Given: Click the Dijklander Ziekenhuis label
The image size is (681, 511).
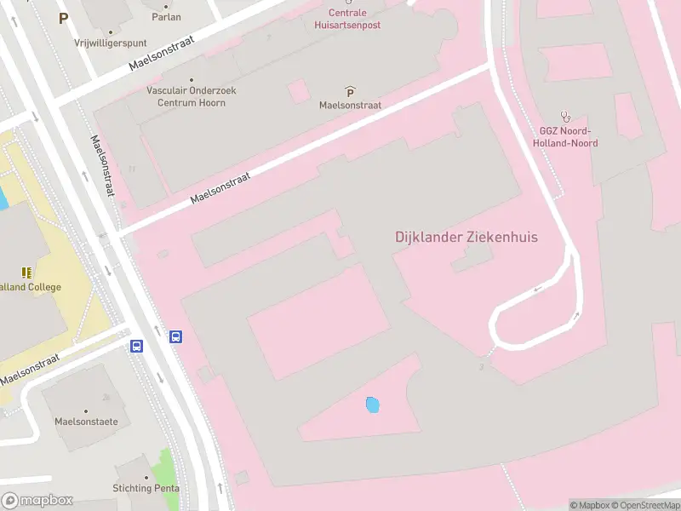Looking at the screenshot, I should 466,237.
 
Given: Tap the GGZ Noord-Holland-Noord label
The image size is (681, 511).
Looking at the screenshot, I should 568,137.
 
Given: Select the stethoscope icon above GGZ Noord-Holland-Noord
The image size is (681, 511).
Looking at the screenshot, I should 564,116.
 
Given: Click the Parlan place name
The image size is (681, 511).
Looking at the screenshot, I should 166,16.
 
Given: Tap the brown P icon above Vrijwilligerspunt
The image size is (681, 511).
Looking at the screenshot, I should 63,17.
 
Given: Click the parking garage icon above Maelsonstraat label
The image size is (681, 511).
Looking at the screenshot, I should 350,91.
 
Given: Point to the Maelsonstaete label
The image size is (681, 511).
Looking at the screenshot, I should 86,421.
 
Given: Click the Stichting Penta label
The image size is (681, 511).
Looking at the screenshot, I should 146,488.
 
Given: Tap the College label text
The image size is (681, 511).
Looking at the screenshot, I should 32,287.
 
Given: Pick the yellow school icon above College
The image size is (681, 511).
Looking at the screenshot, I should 26,273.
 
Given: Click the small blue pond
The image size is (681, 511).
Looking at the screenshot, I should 372,405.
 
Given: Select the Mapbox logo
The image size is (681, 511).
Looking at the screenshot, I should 37,501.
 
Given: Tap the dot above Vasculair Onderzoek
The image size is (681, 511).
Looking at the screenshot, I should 191,80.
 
